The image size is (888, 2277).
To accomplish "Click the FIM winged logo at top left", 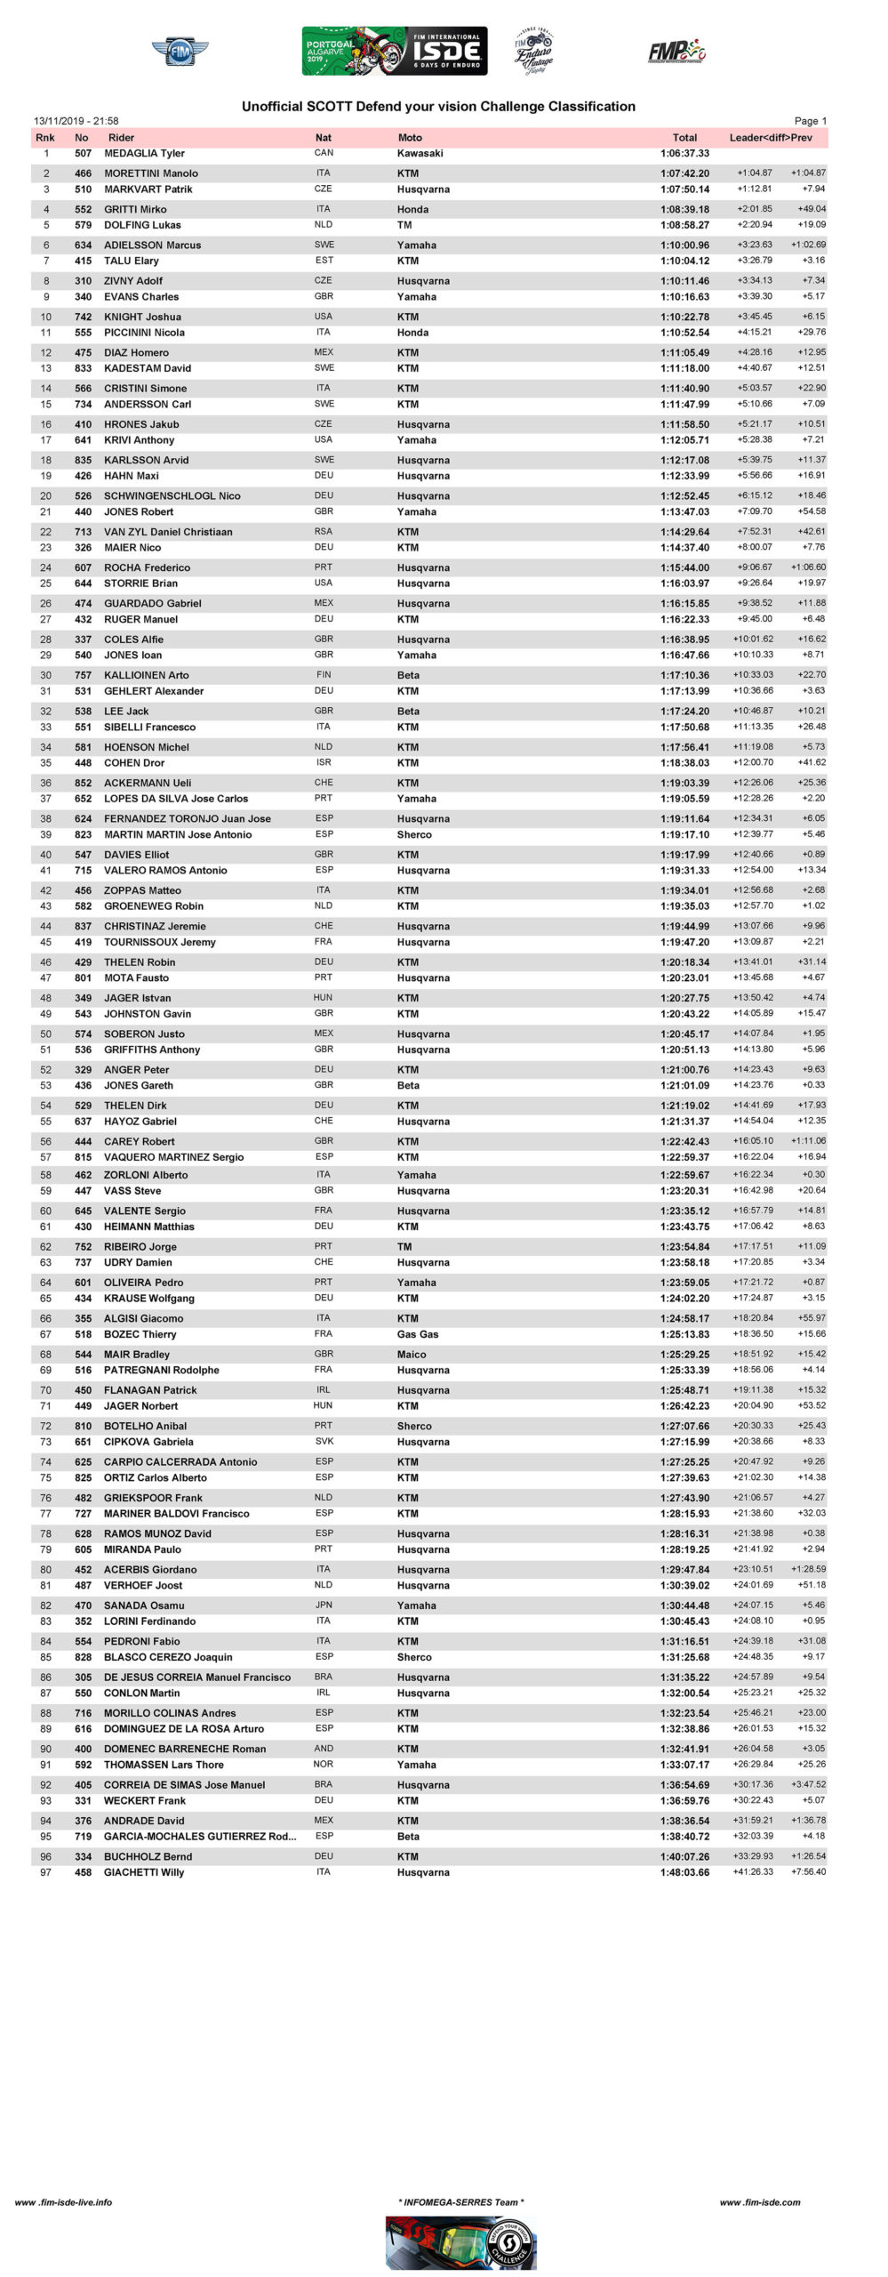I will tap(180, 51).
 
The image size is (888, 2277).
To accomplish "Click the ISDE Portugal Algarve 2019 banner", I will tap(394, 51).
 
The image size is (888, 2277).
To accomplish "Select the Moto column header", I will tap(410, 138).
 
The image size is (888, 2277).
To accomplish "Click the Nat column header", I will tap(324, 138).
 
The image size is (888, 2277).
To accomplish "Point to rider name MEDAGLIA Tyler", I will tap(144, 154).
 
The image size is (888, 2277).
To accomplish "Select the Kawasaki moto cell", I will tap(420, 154).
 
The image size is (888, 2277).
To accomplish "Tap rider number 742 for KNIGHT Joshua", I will tap(83, 317).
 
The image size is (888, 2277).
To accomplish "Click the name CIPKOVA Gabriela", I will tap(148, 1442).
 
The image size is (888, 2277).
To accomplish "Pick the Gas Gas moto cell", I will tap(418, 1334).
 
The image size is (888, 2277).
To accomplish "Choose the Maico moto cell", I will tap(412, 1355).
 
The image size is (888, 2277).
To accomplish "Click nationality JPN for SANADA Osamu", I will tap(324, 1605).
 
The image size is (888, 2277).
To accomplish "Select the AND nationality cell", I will tap(324, 1749).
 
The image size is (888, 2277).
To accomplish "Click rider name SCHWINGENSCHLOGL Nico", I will tap(172, 496).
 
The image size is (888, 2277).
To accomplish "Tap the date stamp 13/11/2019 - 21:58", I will tap(76, 121).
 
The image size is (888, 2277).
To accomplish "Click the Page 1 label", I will tap(810, 121).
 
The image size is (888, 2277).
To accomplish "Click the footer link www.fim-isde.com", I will tap(760, 2202).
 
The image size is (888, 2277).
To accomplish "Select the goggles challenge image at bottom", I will tap(460, 2242).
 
